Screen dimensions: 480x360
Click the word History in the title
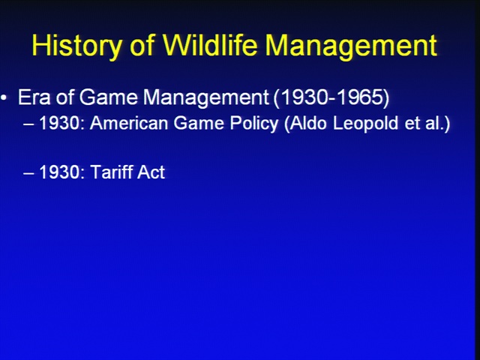pyautogui.click(x=76, y=46)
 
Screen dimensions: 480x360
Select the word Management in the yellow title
pyautogui.click(x=351, y=46)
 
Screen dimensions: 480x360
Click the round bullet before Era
pyautogui.click(x=4, y=97)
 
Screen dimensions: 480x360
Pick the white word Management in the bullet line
pyautogui.click(x=205, y=98)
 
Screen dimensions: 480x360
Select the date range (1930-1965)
pyautogui.click(x=331, y=98)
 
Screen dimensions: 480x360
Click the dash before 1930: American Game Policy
pyautogui.click(x=28, y=124)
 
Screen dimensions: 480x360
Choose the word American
pyautogui.click(x=129, y=123)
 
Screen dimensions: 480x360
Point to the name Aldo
pyautogui.click(x=306, y=124)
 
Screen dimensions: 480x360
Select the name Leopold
pyautogui.click(x=366, y=124)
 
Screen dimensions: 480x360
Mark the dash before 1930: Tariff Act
pyautogui.click(x=28, y=173)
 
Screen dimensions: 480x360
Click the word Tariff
pyautogui.click(x=112, y=172)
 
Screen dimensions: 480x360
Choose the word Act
pyautogui.click(x=151, y=172)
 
